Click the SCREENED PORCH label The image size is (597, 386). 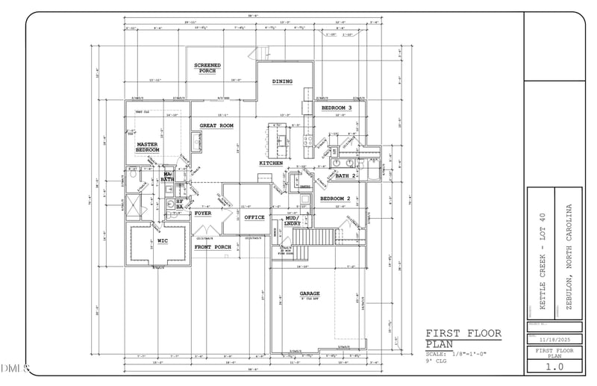(x=207, y=68)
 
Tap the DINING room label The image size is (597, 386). (x=282, y=81)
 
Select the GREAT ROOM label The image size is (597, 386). (x=217, y=125)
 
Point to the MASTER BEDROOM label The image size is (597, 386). (x=147, y=147)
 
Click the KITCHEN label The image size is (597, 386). (x=270, y=163)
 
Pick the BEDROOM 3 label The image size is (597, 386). (x=337, y=108)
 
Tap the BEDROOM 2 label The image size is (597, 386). (x=336, y=199)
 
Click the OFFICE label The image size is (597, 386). (x=254, y=217)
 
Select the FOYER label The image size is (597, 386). (x=203, y=214)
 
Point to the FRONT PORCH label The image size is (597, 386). (x=213, y=246)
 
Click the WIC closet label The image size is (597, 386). (x=162, y=241)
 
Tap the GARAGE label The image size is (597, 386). (x=310, y=293)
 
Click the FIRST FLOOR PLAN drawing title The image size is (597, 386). (x=463, y=338)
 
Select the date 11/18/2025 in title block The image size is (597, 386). (x=554, y=337)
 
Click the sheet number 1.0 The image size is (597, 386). (x=554, y=367)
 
